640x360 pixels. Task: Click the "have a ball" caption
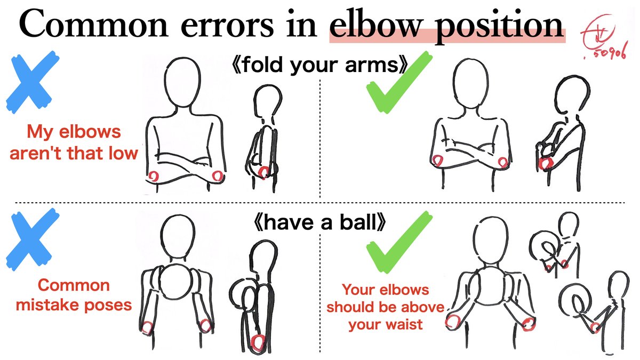coord(318,222)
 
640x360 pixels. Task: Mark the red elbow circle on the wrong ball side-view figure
coord(259,341)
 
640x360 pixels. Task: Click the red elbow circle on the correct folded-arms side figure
coord(546,163)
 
